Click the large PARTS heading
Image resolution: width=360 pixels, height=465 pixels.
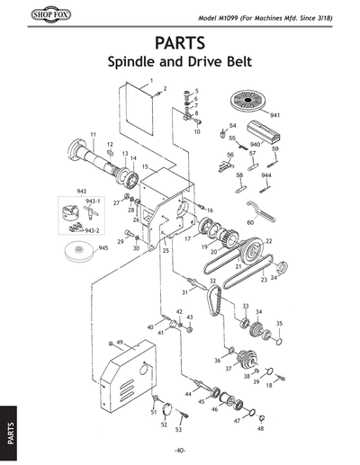(180, 45)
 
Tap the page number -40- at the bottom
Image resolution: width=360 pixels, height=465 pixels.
(180, 450)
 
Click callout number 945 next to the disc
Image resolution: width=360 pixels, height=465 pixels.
(103, 246)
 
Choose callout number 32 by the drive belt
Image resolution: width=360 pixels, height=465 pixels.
(212, 281)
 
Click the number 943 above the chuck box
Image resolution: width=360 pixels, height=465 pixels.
(81, 192)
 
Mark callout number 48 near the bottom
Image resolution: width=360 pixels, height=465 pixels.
(259, 429)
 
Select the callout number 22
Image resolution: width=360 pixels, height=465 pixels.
(268, 241)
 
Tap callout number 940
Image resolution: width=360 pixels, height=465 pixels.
(255, 144)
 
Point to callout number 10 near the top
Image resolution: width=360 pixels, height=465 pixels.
(197, 131)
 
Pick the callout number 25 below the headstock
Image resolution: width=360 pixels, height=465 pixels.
(166, 250)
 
